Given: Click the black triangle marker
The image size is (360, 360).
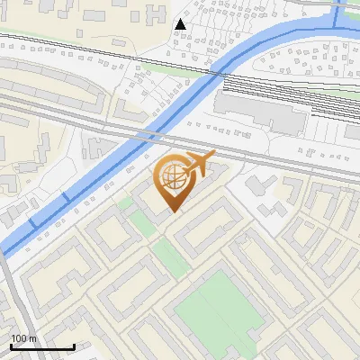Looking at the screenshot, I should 181,24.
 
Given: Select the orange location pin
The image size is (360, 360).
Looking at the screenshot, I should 173,184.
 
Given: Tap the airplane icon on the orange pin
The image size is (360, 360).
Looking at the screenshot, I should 197,164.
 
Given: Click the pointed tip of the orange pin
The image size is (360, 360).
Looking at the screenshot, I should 173,211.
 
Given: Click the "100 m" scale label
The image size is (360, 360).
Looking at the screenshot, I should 24,338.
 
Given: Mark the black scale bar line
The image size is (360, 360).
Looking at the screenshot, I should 41,346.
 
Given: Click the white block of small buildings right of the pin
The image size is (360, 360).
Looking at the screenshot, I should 270,193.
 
